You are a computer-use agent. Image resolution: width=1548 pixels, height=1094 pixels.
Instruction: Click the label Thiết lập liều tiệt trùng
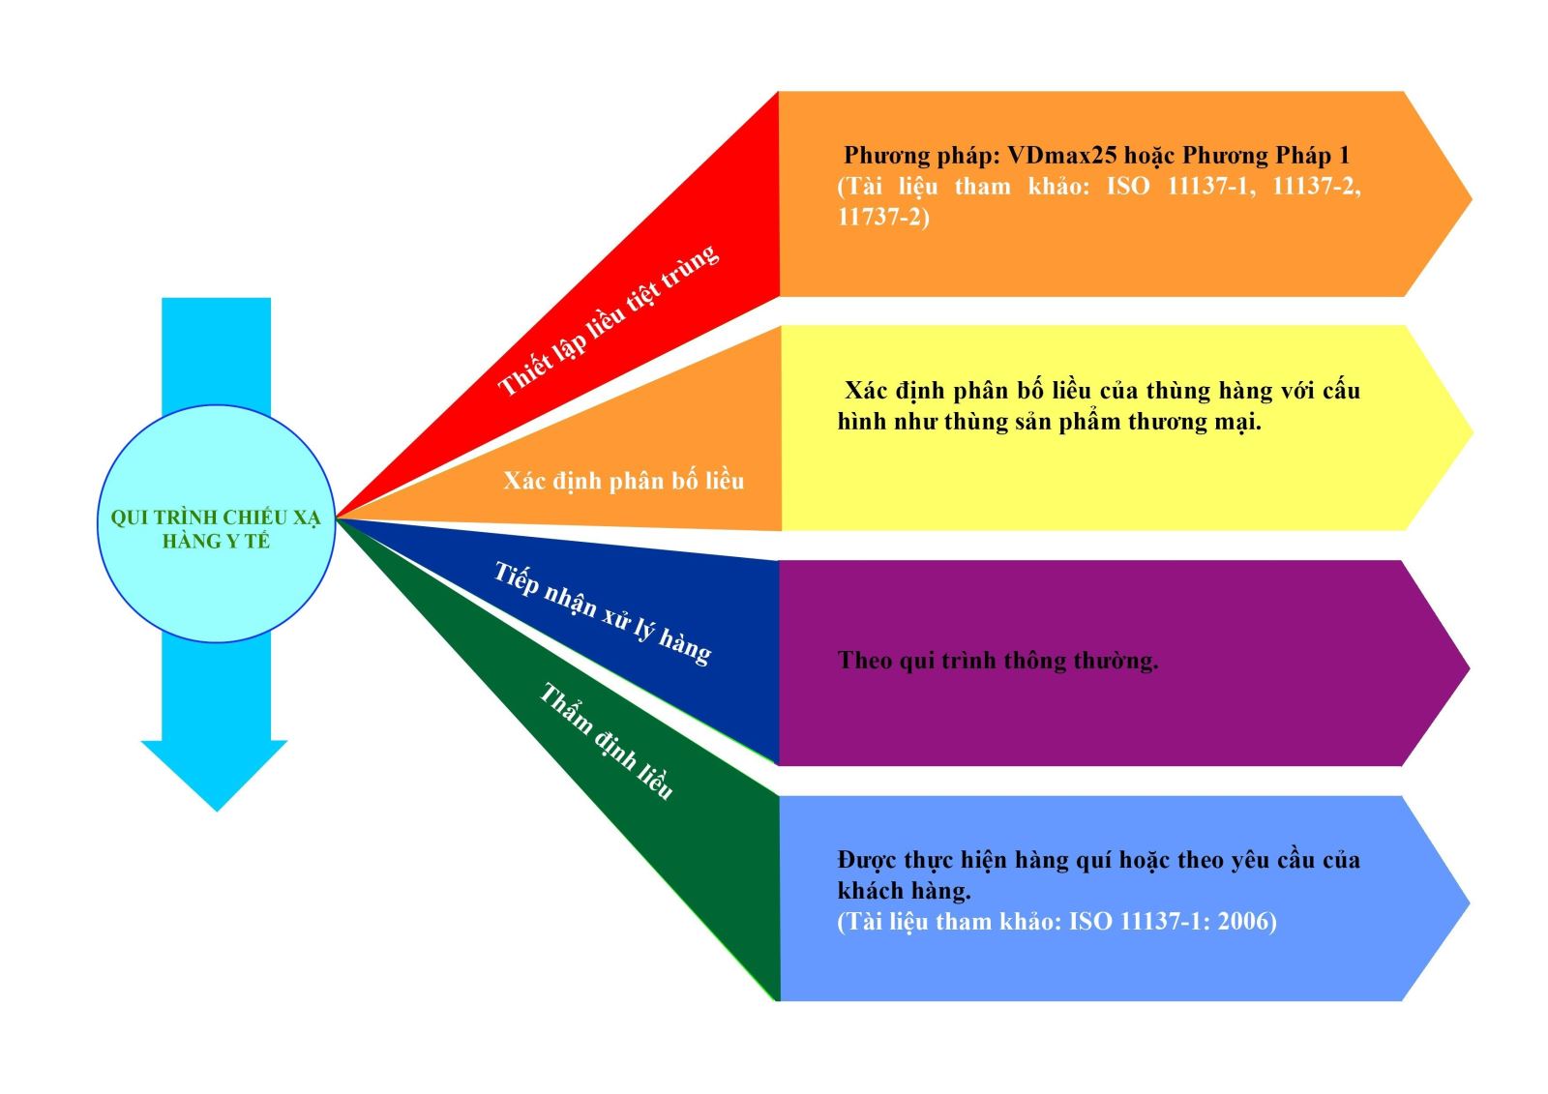(x=609, y=320)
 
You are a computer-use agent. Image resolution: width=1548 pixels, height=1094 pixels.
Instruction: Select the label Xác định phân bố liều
(x=623, y=481)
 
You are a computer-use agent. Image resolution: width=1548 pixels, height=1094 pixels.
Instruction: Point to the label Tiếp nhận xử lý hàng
(x=603, y=613)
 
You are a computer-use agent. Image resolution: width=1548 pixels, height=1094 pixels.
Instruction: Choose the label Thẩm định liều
(x=606, y=741)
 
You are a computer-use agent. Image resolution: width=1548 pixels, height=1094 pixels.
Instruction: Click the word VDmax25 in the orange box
(x=1061, y=156)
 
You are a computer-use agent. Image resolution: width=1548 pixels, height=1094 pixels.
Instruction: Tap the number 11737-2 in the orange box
(x=878, y=217)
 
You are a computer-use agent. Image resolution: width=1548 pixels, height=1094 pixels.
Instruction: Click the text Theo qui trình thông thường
(x=997, y=661)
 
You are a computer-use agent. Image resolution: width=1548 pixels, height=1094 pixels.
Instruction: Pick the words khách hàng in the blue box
(x=904, y=890)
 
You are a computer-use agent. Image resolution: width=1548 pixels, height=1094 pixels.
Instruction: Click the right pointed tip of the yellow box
(x=1471, y=431)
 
